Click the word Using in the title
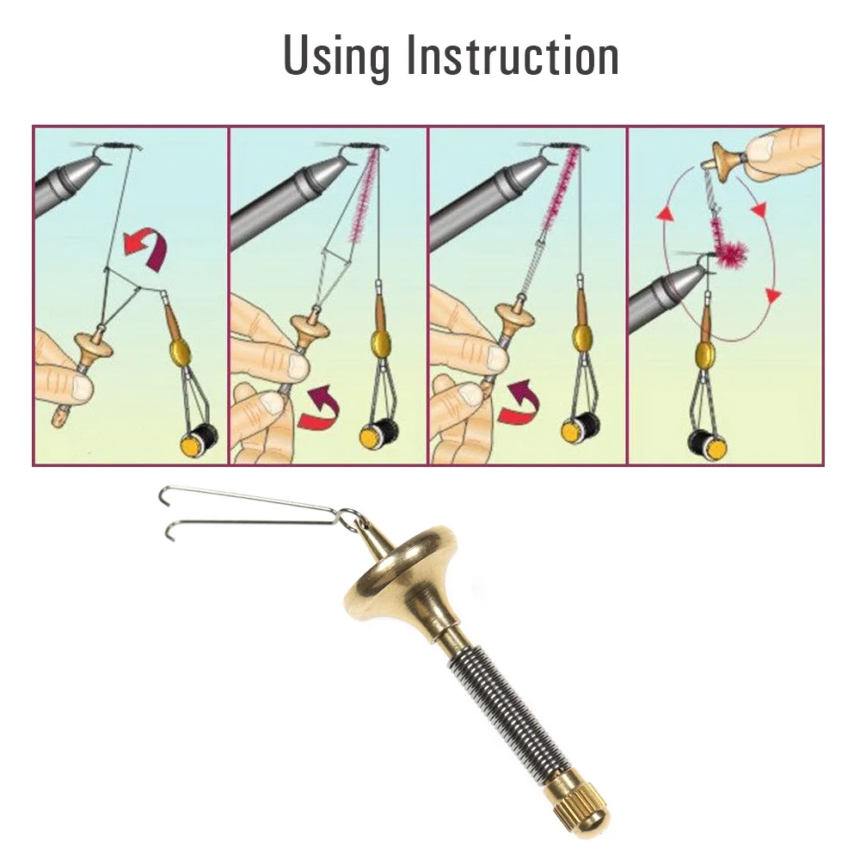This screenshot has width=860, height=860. (x=336, y=57)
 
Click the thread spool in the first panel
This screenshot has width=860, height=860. (x=200, y=435)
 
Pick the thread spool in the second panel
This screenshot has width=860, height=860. (x=379, y=431)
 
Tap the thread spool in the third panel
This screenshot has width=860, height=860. (x=580, y=427)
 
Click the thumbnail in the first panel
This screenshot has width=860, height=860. (x=83, y=390)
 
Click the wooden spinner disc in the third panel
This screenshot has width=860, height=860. (x=519, y=317)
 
